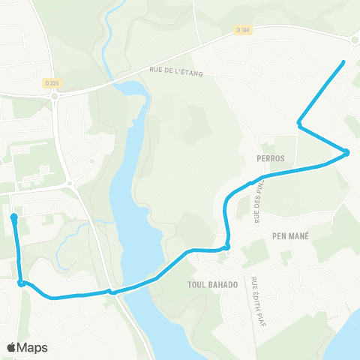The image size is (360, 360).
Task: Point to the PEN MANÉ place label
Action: tap(290, 235)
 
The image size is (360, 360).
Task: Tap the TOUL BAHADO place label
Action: tap(212, 285)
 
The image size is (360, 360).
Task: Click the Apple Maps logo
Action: tap(27, 347)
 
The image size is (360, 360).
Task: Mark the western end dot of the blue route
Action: tap(14, 217)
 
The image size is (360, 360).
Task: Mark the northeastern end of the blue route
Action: tap(343, 61)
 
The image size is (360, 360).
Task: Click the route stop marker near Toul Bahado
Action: tap(226, 247)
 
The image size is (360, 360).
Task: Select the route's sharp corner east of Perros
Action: tap(347, 153)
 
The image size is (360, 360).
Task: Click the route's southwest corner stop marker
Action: tap(22, 283)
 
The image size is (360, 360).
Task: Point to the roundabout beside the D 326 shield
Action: tap(54, 95)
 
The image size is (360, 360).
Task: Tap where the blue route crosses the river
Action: tap(139, 285)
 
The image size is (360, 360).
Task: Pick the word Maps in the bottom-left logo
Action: tap(33, 347)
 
